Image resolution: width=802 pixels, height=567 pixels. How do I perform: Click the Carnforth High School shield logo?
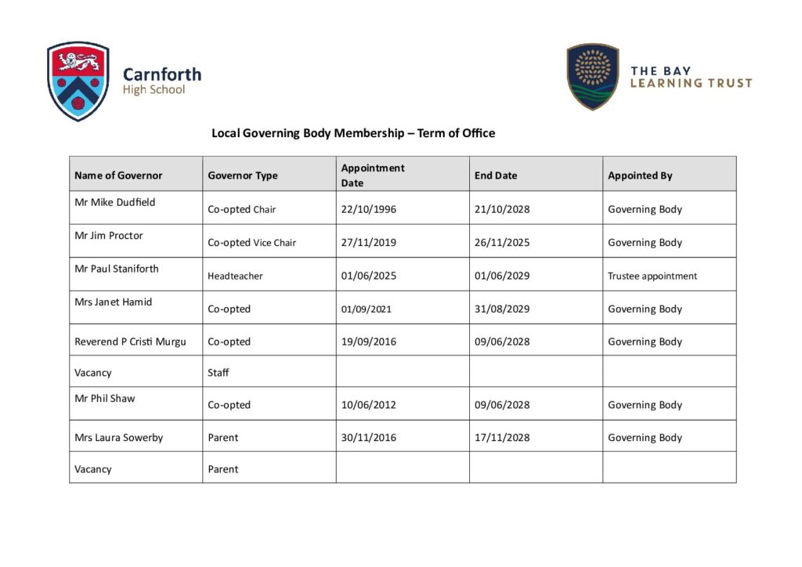(78, 81)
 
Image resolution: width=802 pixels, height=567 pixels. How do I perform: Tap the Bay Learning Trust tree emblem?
(592, 76)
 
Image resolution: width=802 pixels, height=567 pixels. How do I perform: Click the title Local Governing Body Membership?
(353, 133)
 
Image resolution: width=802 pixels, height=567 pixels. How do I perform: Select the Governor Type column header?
(243, 175)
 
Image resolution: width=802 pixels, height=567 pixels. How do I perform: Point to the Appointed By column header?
(640, 175)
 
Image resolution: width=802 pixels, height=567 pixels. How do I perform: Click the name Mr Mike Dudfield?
(115, 202)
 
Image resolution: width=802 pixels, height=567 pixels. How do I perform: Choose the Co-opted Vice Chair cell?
(251, 243)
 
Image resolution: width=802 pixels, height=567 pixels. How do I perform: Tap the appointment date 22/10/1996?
(368, 209)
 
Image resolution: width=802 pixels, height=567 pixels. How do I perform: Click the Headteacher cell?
(235, 276)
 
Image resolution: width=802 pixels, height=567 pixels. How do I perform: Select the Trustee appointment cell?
(652, 276)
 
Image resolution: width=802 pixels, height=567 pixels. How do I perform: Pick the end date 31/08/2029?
(502, 309)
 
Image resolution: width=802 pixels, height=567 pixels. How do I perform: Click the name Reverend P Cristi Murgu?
(130, 341)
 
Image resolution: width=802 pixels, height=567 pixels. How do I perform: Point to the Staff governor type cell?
(219, 373)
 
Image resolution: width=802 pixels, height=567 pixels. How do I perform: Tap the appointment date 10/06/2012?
(368, 405)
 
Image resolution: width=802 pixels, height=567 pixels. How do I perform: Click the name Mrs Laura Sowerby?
(119, 438)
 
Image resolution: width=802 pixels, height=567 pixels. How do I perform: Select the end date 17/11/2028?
(502, 438)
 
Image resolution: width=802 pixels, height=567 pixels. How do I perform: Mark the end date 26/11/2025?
(502, 243)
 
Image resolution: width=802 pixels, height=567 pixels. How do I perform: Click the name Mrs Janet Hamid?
(114, 302)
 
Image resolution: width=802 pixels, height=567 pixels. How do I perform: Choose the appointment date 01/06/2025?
(368, 276)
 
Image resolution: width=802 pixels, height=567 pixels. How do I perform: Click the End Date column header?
(496, 175)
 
